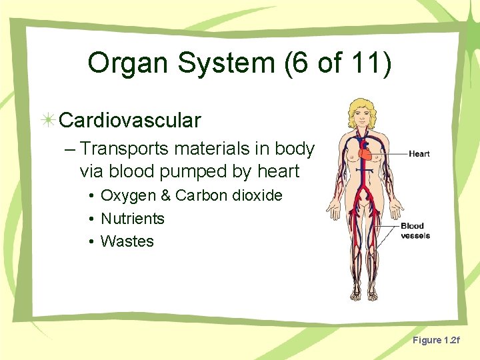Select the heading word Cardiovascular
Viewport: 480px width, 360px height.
(x=130, y=121)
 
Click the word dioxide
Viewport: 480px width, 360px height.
(x=257, y=196)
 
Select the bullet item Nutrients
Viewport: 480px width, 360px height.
(x=133, y=219)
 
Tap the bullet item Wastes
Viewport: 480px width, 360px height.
(x=127, y=241)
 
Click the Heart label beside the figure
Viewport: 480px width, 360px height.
(x=419, y=154)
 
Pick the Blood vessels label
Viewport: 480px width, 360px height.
(x=415, y=231)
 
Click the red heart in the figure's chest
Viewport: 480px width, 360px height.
(x=369, y=154)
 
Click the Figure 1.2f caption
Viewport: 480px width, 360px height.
(x=436, y=341)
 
